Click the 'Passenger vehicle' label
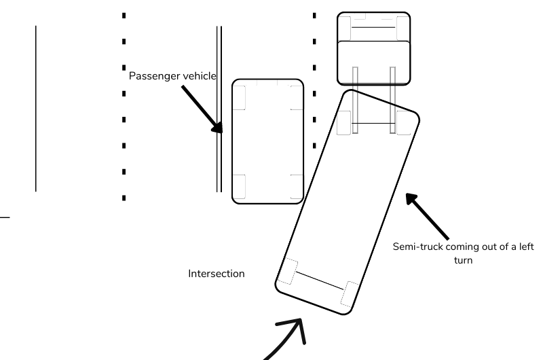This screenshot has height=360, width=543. (x=172, y=76)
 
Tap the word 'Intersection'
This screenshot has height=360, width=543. (x=216, y=274)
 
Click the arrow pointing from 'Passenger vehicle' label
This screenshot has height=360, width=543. (x=201, y=109)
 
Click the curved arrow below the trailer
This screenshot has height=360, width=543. (x=285, y=340)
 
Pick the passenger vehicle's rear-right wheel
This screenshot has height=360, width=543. (x=296, y=185)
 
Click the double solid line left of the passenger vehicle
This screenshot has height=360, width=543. (x=219, y=109)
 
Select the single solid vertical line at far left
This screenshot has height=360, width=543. (x=36, y=109)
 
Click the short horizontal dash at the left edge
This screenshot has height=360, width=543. (x=5, y=217)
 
